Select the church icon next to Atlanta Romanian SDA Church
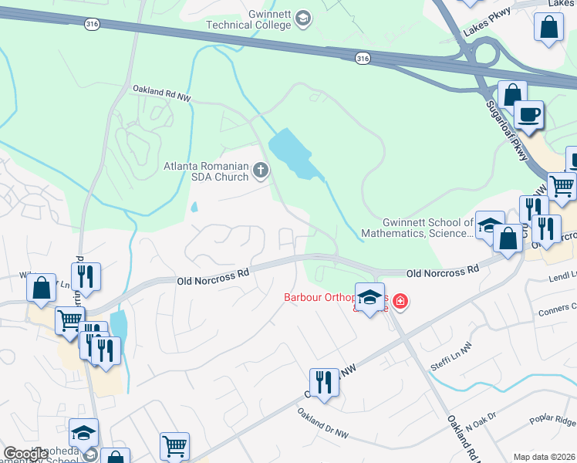[x=262, y=170]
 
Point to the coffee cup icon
[x=528, y=116]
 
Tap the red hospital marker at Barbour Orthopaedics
[x=400, y=301]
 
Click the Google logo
[x=26, y=454]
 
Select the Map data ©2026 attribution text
[x=544, y=457]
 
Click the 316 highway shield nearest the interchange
[x=363, y=58]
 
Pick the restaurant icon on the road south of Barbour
[x=324, y=382]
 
